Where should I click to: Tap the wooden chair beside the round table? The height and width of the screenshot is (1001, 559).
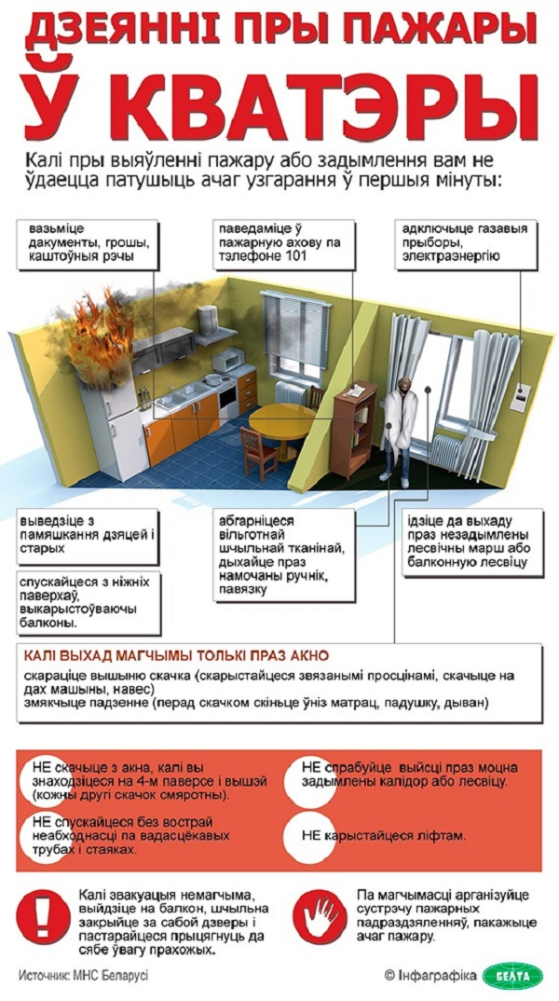coord(257,446)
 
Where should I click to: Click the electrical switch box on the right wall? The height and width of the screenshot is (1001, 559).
coord(525,390)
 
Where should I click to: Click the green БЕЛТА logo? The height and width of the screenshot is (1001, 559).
coord(511,975)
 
